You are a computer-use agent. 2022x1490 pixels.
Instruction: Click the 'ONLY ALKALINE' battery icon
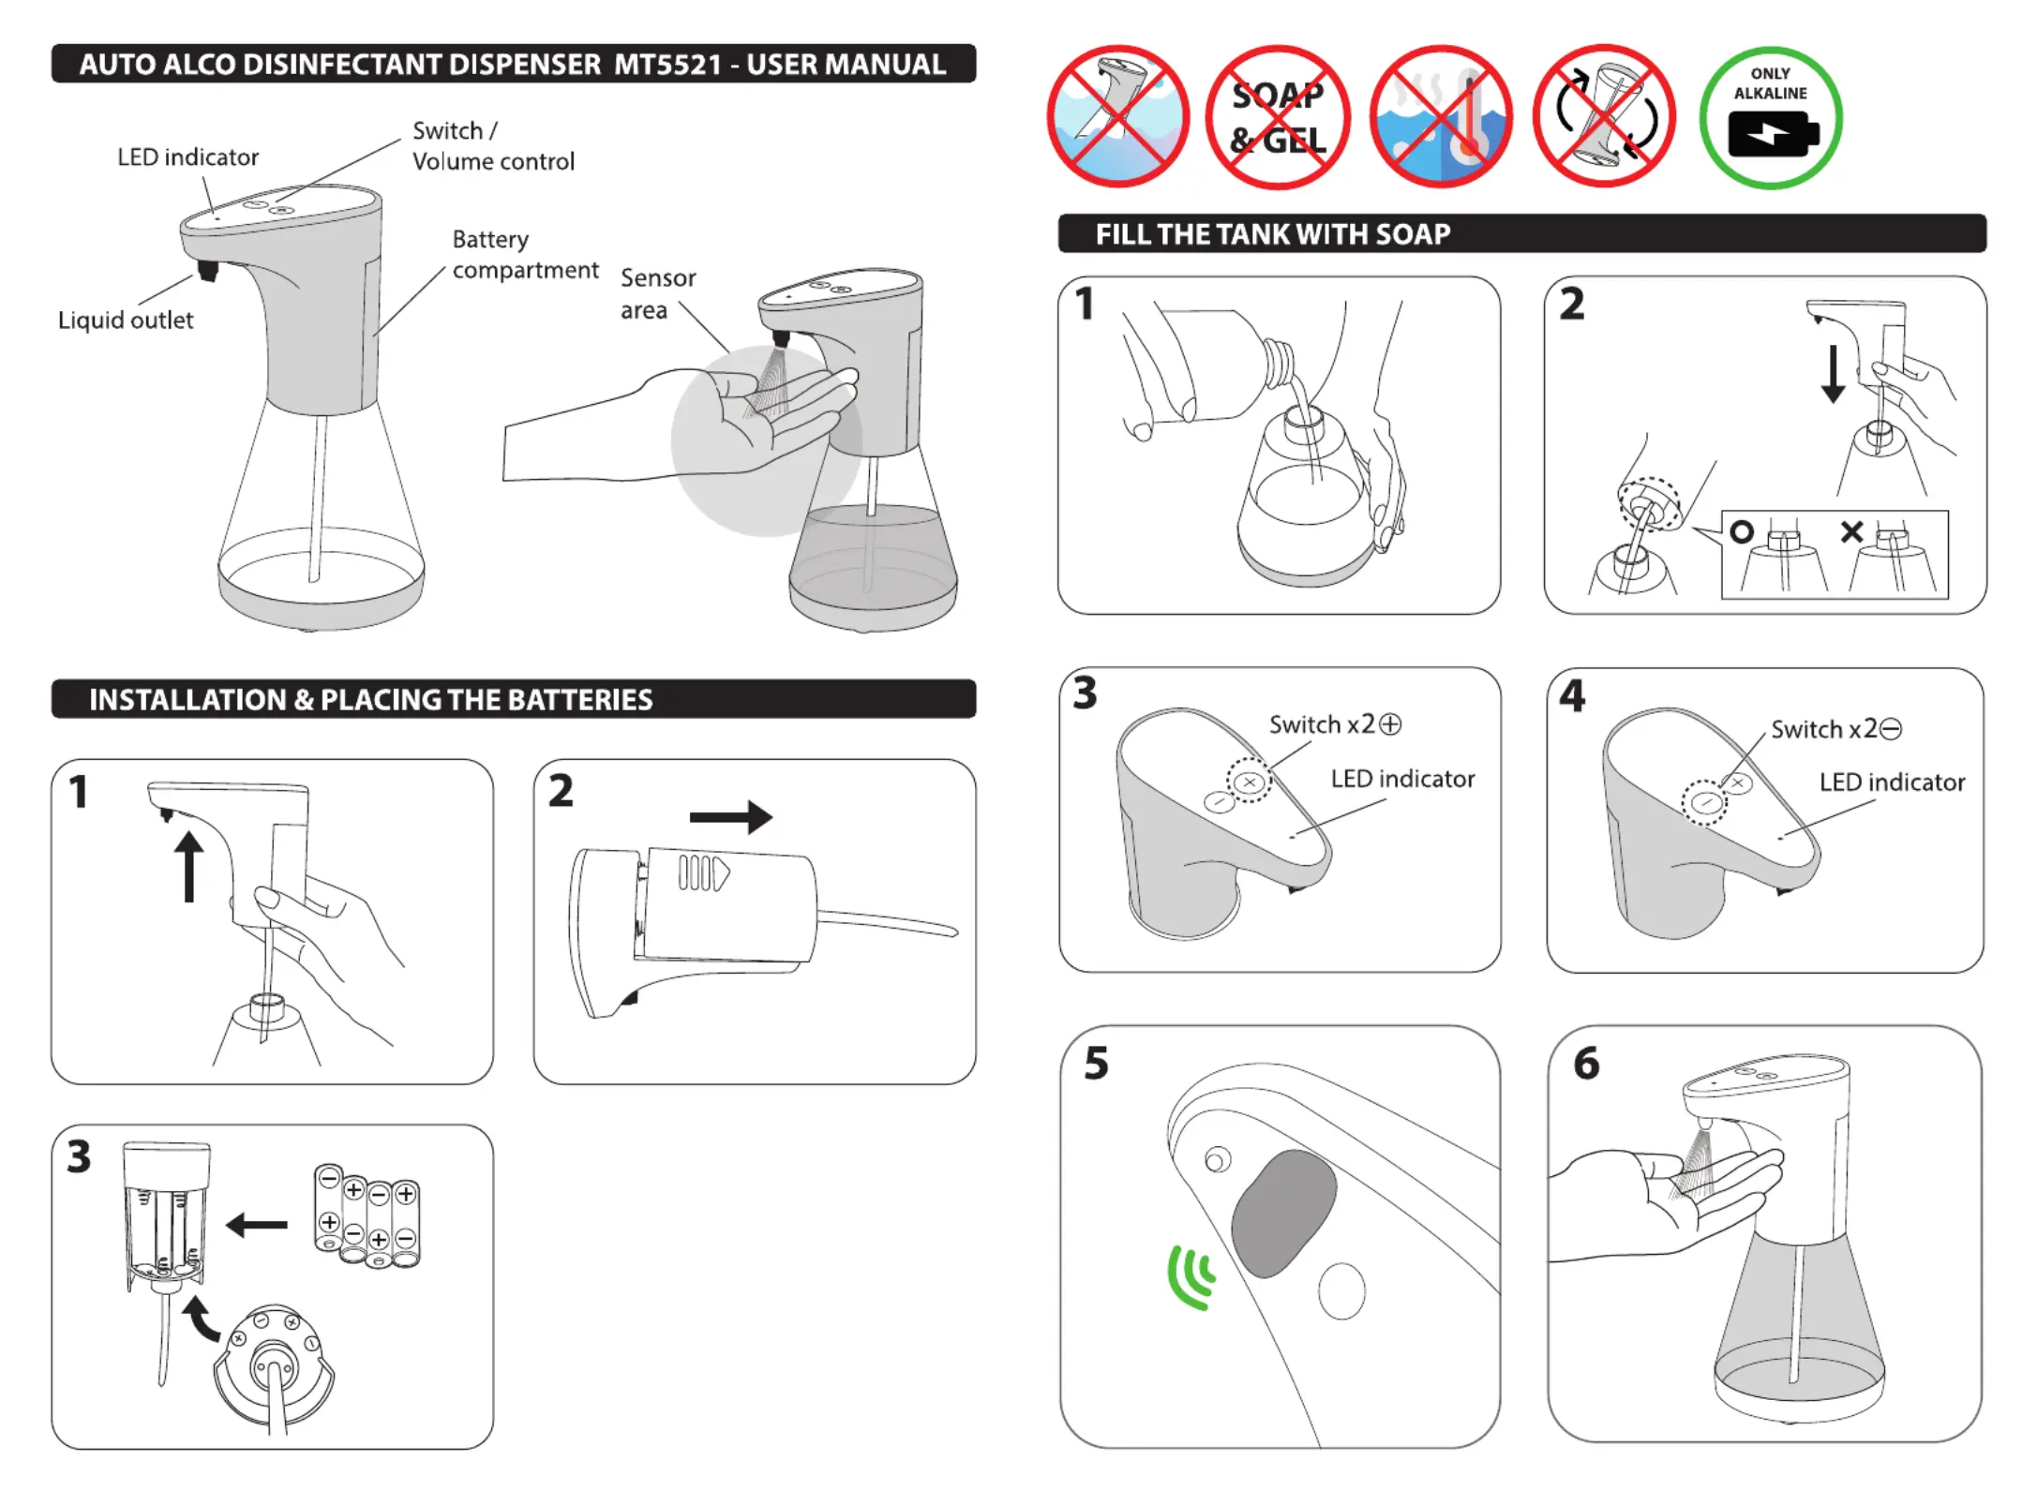coord(1770,118)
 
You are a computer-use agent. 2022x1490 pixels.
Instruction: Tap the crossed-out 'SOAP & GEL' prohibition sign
coord(1278,118)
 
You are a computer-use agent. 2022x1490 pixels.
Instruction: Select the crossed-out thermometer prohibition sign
coord(1441,118)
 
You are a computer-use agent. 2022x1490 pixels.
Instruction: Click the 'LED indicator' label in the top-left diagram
coord(187,157)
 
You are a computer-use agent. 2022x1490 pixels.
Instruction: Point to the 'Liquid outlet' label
coord(126,320)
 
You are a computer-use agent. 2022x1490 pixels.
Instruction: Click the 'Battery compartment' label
coord(524,255)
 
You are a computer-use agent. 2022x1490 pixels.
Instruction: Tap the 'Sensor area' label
coord(657,293)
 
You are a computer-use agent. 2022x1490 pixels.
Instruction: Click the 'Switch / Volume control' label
coord(493,146)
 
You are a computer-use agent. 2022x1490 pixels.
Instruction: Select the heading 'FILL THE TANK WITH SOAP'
coord(1273,234)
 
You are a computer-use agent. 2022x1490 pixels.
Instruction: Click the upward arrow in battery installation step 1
coord(189,866)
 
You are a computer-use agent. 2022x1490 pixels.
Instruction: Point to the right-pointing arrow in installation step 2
coord(731,817)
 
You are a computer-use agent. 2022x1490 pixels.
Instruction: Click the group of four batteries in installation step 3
coord(367,1216)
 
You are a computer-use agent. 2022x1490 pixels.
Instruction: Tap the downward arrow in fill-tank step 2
coord(1833,373)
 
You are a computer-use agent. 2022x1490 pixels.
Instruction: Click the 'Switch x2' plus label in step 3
coord(1335,724)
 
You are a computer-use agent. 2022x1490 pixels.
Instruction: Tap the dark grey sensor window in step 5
coord(1284,1213)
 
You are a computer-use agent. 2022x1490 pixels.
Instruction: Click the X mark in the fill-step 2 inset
coord(1851,532)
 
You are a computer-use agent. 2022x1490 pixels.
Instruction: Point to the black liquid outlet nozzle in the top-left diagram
coord(207,271)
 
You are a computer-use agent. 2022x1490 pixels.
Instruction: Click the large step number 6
coord(1586,1064)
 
